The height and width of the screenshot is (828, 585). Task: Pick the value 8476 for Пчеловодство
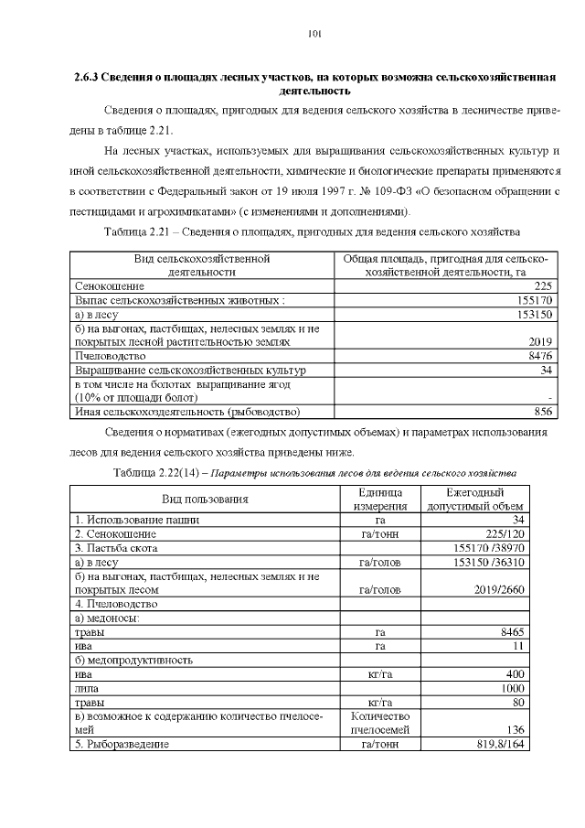tap(539, 356)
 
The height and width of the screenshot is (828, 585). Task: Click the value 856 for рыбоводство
tap(543, 412)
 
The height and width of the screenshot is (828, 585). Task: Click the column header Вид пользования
tap(206, 499)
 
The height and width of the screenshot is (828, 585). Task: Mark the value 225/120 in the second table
tap(503, 533)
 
